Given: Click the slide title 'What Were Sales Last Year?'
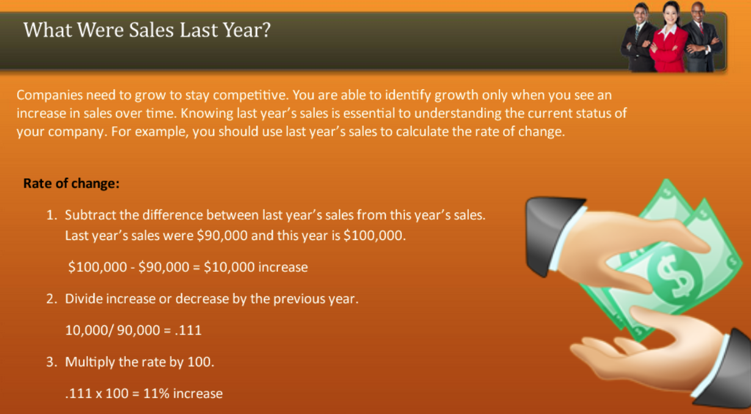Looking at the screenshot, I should (x=147, y=30).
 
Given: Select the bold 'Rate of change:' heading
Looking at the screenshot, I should (x=71, y=183).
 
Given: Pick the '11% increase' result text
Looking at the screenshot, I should (x=183, y=394).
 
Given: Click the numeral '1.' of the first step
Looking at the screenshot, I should (x=53, y=215).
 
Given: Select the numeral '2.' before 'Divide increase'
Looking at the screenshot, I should (x=53, y=299).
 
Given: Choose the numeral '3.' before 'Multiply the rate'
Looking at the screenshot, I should (x=53, y=362).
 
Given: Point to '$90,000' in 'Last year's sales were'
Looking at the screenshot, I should (x=222, y=236).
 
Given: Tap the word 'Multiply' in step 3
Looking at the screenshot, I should (x=90, y=362).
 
